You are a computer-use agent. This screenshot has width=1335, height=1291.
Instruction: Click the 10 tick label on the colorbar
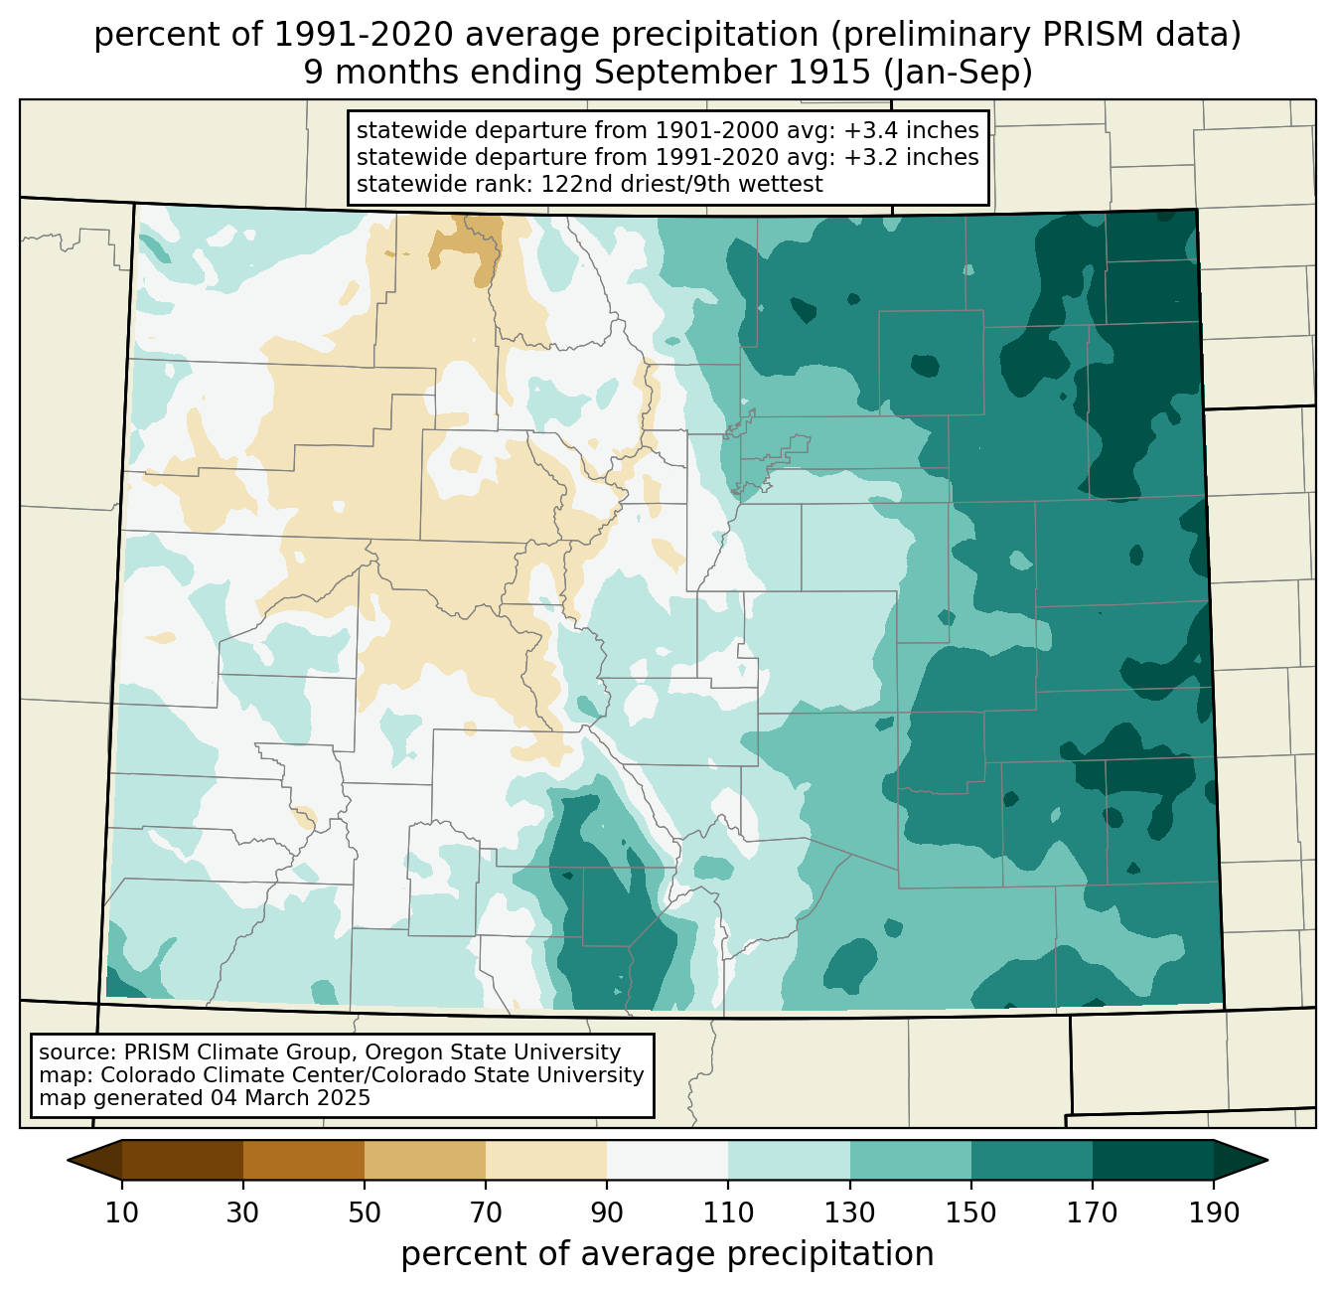coord(121,1212)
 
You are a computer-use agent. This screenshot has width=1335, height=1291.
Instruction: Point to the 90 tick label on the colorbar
coord(607,1212)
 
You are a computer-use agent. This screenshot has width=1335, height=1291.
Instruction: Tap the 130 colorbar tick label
coord(849,1212)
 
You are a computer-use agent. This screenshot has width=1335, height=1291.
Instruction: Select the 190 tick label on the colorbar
coord(1214,1212)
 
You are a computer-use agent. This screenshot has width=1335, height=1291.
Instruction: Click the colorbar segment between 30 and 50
coord(303,1160)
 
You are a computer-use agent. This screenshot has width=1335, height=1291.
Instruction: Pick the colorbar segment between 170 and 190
coord(1152,1160)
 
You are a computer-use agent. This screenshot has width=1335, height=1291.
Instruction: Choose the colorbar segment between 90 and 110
coord(667,1160)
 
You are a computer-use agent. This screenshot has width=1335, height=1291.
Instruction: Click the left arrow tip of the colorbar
coord(68,1160)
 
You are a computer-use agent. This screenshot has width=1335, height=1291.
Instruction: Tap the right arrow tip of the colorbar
coord(1267,1160)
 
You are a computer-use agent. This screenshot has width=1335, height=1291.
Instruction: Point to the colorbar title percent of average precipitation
coord(667,1253)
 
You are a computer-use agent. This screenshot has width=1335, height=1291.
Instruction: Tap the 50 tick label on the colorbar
coord(365,1212)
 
